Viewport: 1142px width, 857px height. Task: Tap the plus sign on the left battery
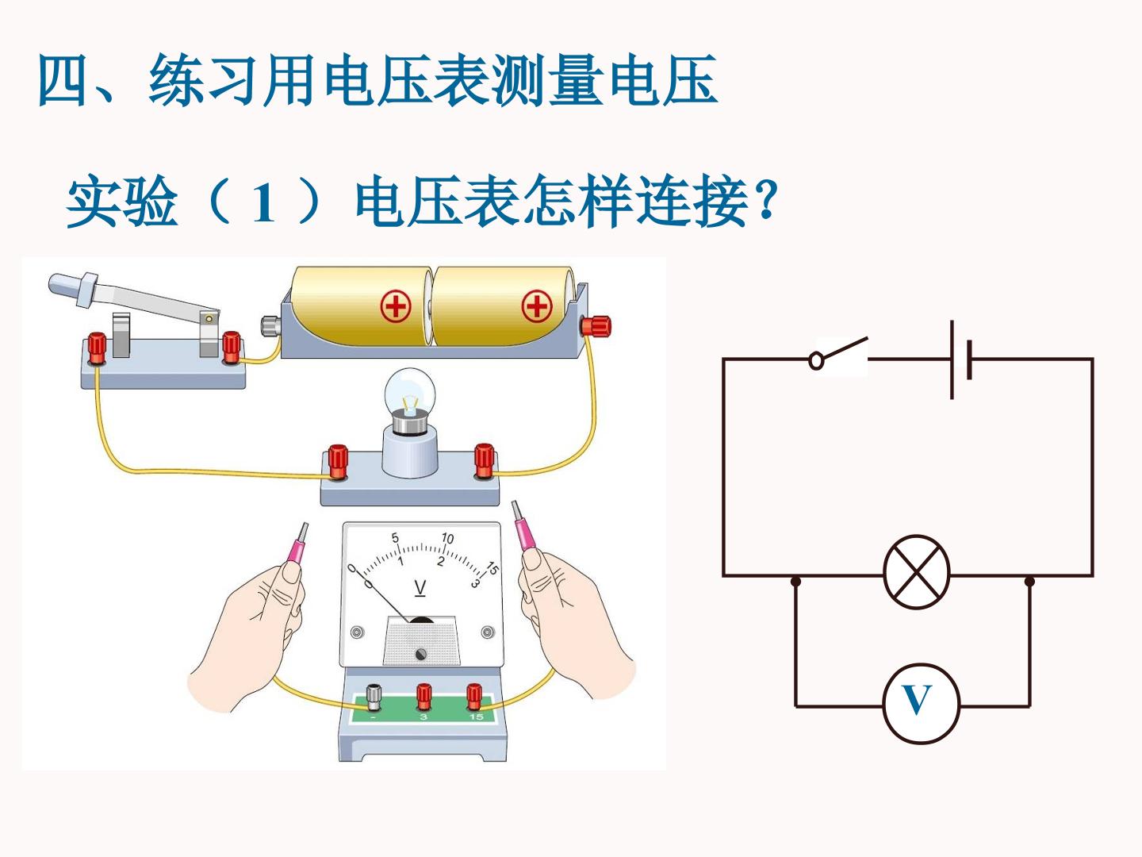coord(396,306)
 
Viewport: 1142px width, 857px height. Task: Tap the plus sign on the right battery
coord(537,306)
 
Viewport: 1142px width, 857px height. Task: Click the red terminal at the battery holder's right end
coord(596,327)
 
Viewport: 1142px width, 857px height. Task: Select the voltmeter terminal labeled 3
coord(423,696)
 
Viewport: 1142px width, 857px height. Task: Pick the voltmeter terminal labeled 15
coord(474,696)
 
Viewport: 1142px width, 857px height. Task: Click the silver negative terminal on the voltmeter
coord(374,698)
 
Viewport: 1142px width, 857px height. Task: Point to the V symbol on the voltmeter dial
coord(420,589)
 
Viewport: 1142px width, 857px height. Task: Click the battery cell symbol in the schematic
coord(961,359)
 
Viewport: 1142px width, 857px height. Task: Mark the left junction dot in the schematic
coord(795,581)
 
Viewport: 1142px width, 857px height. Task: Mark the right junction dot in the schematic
coord(1029,581)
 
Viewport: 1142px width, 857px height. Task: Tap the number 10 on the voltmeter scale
coord(447,538)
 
